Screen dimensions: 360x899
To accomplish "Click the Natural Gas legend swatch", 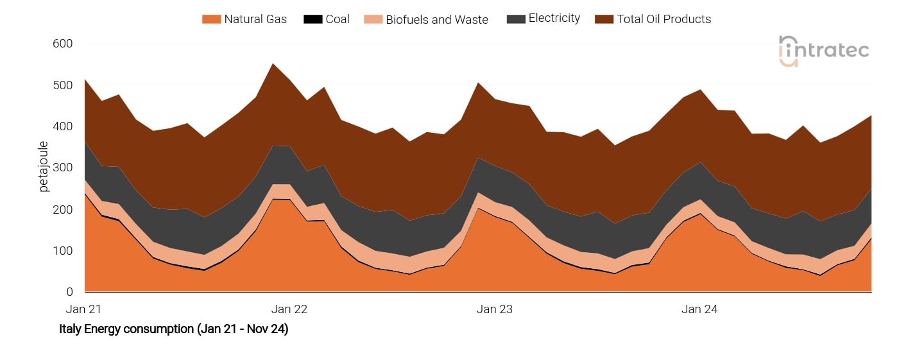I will [x=211, y=19].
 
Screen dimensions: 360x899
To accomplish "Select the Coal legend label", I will [x=338, y=19].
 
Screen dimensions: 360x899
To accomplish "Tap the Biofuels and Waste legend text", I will [x=436, y=20].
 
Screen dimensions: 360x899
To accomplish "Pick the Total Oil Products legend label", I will [x=664, y=19].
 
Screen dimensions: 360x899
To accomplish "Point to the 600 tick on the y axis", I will [x=63, y=44].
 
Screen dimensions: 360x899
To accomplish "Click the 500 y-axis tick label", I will [x=63, y=85].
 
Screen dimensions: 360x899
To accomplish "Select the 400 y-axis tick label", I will [x=63, y=126].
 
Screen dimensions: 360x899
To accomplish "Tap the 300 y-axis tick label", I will [x=63, y=168].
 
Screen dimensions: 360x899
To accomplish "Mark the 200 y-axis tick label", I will [x=63, y=209].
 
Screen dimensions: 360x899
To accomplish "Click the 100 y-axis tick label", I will [x=63, y=251].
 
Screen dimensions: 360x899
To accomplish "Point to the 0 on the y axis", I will [x=69, y=292].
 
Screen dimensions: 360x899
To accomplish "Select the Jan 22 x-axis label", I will [x=289, y=309].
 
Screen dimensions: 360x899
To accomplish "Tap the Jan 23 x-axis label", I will [x=495, y=309].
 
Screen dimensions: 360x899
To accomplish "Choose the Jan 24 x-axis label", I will [x=699, y=309].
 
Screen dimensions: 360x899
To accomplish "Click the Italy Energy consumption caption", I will [x=173, y=329].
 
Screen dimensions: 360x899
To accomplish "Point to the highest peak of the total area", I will [x=273, y=64].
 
